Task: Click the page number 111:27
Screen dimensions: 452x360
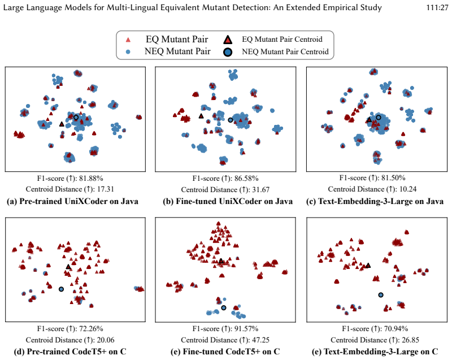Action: coord(437,7)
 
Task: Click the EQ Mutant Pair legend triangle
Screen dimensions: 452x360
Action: coord(128,40)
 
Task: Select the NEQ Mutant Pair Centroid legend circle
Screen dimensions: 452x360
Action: coord(228,52)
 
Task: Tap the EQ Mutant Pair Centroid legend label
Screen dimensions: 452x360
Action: coord(282,39)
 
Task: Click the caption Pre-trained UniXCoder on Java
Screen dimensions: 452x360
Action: coord(79,201)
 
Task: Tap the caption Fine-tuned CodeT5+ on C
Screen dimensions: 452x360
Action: coord(231,352)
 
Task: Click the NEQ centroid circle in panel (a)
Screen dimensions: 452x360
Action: coord(76,118)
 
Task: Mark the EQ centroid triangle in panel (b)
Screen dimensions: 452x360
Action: coord(201,116)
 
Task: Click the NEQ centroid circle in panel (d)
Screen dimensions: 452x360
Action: coord(61,289)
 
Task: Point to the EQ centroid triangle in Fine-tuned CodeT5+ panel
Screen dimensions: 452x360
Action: coord(221,261)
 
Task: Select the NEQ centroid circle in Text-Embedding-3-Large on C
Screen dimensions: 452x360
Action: coord(381,295)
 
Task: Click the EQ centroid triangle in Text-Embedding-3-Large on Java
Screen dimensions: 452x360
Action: coord(370,120)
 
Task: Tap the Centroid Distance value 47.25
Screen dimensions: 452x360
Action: coord(261,340)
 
